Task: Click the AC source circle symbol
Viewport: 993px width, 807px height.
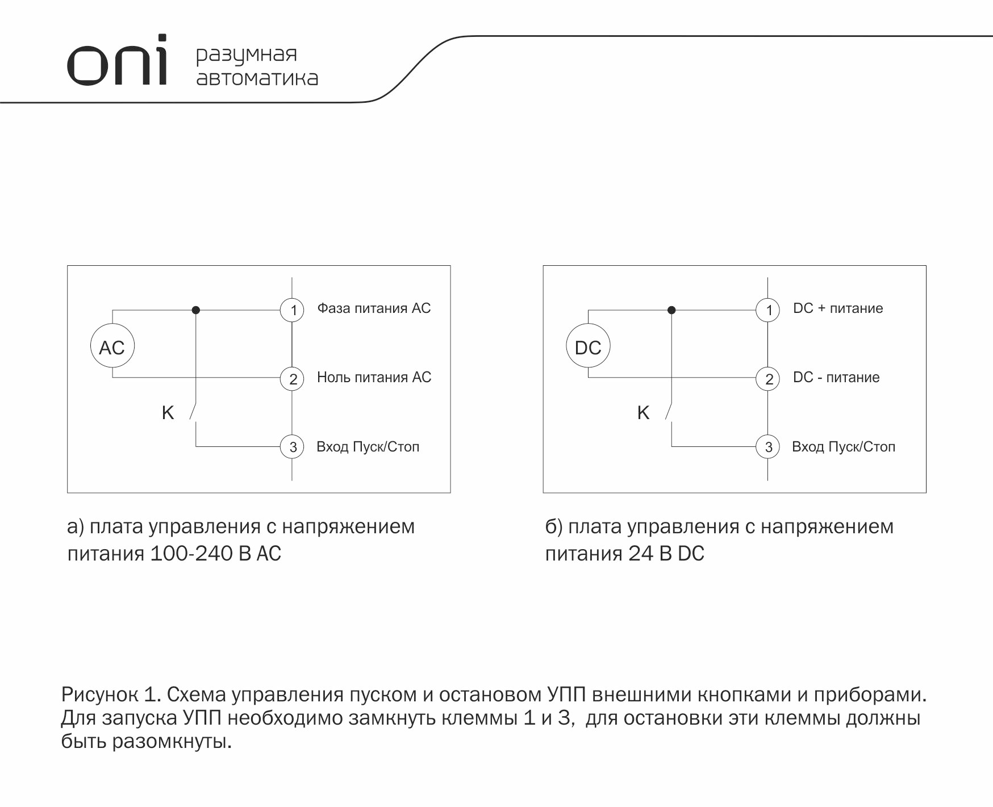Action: (112, 347)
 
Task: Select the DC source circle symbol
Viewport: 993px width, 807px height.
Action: (588, 347)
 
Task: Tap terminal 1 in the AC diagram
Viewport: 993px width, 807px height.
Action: (293, 310)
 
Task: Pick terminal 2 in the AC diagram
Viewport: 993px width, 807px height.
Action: (293, 379)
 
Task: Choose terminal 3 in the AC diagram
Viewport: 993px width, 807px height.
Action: (293, 447)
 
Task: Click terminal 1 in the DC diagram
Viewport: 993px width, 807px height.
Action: (768, 310)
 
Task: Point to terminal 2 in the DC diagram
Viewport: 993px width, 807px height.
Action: (768, 379)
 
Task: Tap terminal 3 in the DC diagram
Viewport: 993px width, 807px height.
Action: (768, 447)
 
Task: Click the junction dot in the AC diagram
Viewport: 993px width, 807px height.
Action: (196, 310)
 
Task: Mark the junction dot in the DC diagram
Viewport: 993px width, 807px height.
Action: (671, 310)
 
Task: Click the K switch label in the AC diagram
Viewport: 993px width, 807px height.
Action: (168, 413)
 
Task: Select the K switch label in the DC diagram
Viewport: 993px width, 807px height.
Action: (643, 413)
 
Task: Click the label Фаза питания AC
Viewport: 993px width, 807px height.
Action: (374, 308)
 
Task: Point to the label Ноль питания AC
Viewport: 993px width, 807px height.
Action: (374, 377)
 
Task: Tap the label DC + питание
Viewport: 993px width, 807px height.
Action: (838, 308)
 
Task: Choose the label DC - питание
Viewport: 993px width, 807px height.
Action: (836, 377)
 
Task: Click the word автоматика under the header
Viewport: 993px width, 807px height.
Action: (257, 78)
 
